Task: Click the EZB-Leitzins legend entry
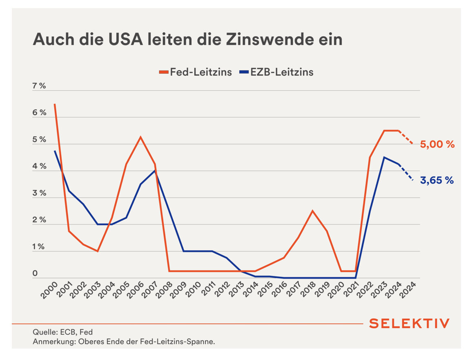(277, 73)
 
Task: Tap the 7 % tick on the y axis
(39, 86)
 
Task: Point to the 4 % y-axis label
(39, 167)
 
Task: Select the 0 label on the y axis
(35, 273)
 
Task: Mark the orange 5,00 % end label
(437, 144)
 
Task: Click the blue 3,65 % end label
(437, 180)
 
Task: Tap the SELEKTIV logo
(409, 324)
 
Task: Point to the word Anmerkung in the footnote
(53, 342)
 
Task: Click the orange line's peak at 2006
(140, 137)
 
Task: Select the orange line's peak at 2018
(312, 211)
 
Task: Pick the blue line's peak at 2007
(155, 171)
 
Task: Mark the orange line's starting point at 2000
(55, 104)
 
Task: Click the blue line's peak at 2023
(384, 157)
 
